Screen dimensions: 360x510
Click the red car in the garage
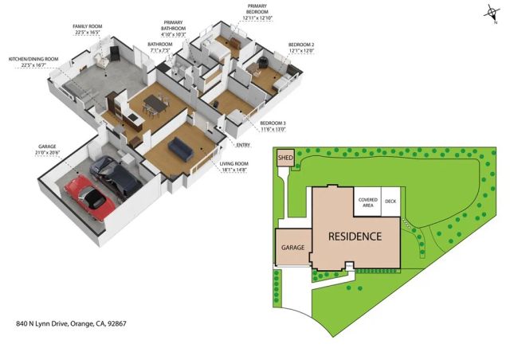pos(87,197)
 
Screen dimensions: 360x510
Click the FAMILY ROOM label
pos(87,26)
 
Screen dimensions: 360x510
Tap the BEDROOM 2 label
pos(301,45)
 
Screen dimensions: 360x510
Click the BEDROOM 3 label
pos(273,122)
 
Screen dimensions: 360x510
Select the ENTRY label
pos(243,145)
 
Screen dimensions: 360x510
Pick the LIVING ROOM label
pos(234,163)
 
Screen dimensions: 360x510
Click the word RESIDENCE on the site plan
pos(355,237)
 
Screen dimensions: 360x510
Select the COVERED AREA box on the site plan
pos(367,202)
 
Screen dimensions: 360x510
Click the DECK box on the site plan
pos(390,202)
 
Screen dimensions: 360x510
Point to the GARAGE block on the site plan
pos(293,248)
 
